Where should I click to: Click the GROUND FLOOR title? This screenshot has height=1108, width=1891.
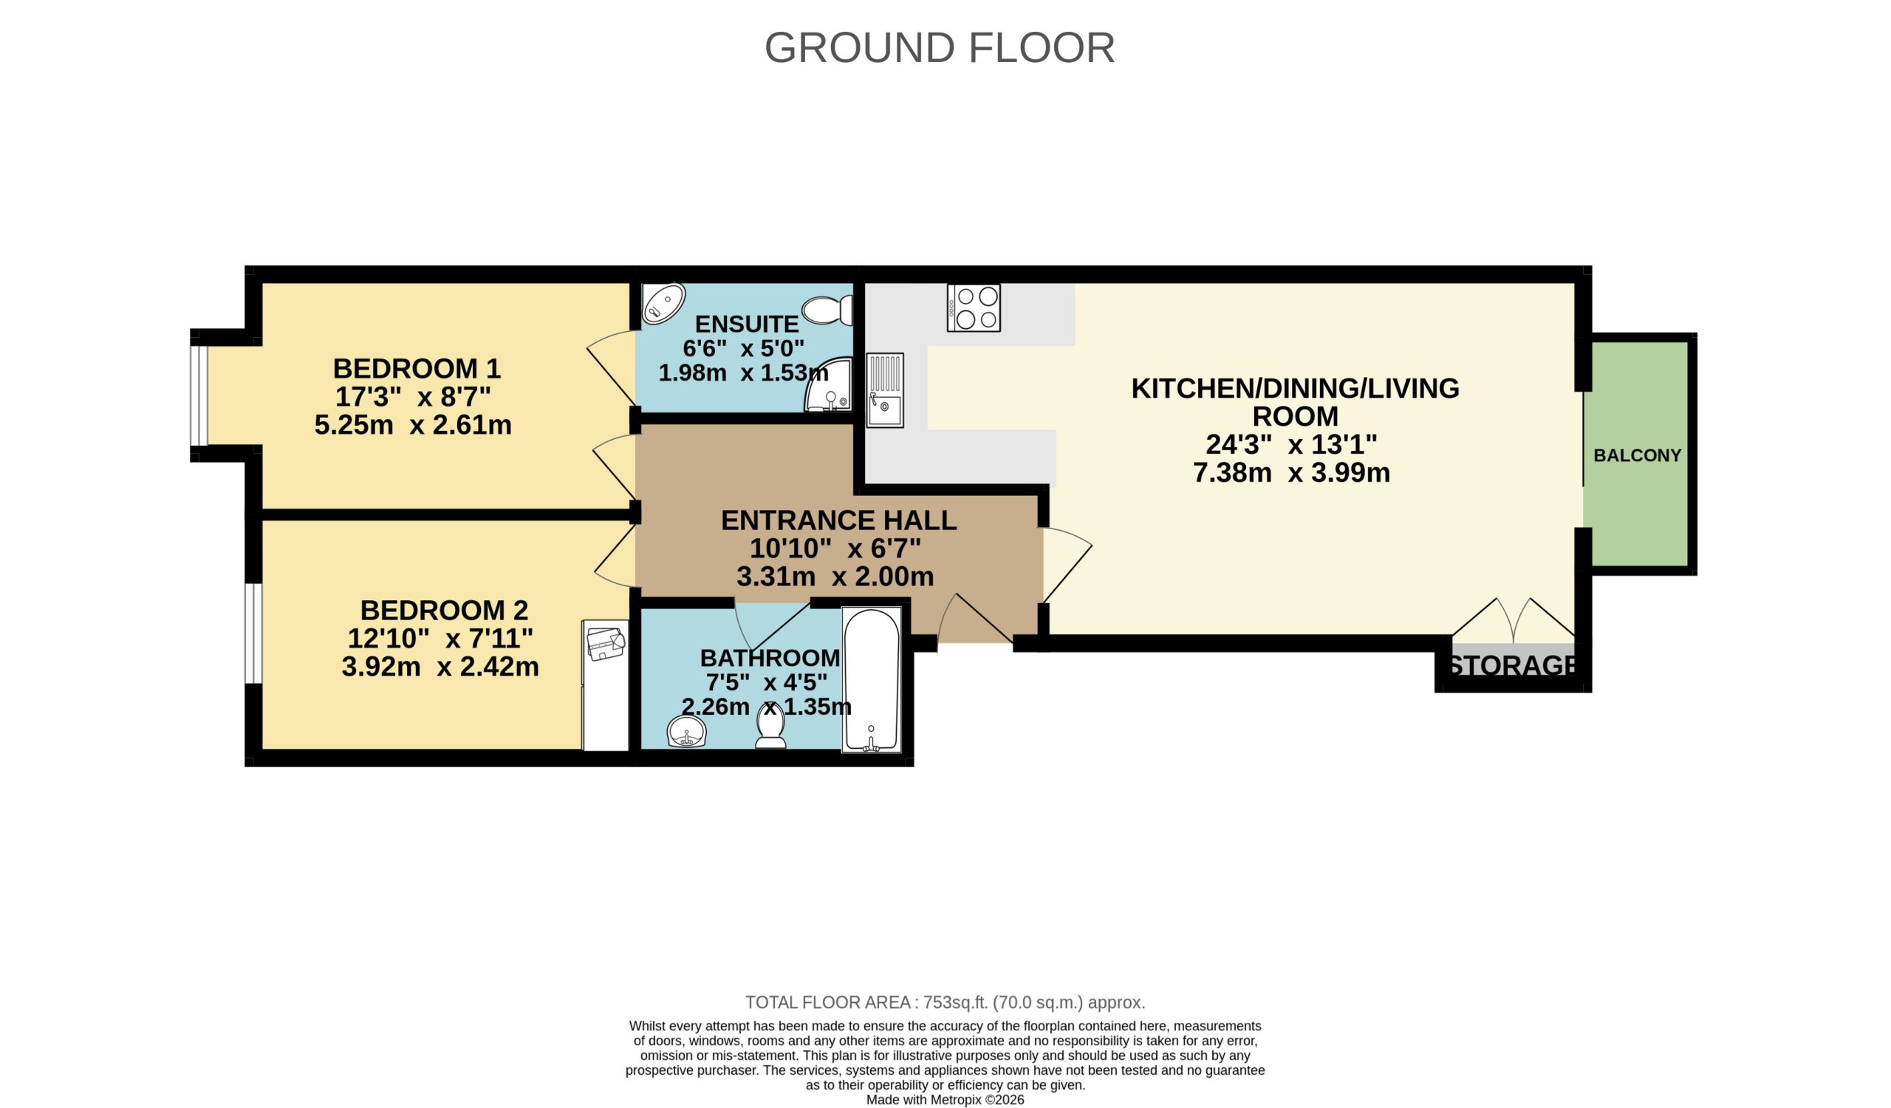click(x=939, y=48)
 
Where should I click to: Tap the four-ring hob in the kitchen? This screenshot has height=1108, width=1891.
click(x=974, y=307)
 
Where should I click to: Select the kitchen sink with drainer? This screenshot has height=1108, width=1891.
click(x=885, y=390)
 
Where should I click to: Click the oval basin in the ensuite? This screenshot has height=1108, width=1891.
click(x=663, y=303)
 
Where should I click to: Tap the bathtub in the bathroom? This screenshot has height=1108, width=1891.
click(x=870, y=679)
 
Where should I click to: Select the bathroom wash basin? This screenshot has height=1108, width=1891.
click(x=686, y=731)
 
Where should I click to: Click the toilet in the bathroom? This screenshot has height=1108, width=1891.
click(x=770, y=727)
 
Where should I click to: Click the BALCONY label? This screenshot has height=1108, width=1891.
click(x=1638, y=455)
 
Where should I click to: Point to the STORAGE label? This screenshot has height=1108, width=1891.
click(x=1513, y=666)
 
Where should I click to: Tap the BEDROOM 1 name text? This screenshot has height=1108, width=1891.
click(x=417, y=369)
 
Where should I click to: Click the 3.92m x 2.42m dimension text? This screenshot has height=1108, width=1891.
click(x=440, y=667)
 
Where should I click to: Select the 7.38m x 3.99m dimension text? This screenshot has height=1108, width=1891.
click(x=1290, y=473)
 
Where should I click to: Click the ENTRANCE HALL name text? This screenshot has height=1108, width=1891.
click(x=838, y=520)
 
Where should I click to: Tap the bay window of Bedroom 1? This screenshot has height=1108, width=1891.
click(x=199, y=395)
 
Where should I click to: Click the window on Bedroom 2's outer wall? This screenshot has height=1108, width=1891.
click(x=254, y=633)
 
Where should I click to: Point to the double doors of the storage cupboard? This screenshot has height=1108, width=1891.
click(x=1513, y=620)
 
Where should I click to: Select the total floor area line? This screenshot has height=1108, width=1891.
click(x=945, y=1002)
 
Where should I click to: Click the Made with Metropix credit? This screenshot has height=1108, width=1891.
click(x=945, y=1100)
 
